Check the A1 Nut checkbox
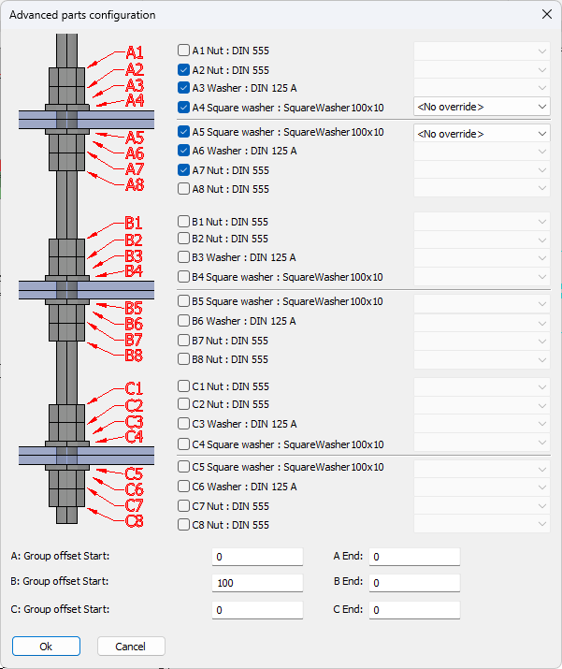point(183,51)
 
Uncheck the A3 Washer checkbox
point(183,88)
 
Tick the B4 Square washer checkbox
point(183,277)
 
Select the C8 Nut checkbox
point(183,524)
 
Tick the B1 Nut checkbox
point(183,222)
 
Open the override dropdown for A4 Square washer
point(482,107)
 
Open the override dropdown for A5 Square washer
point(482,134)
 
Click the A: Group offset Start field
point(257,557)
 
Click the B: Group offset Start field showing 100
point(257,583)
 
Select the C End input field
point(414,610)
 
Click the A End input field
point(414,557)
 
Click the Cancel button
point(131,647)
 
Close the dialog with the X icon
point(547,15)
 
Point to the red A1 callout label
point(135,53)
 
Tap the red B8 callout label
point(134,356)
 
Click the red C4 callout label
point(134,437)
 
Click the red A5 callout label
point(135,138)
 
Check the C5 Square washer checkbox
point(183,467)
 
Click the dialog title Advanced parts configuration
point(82,15)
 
